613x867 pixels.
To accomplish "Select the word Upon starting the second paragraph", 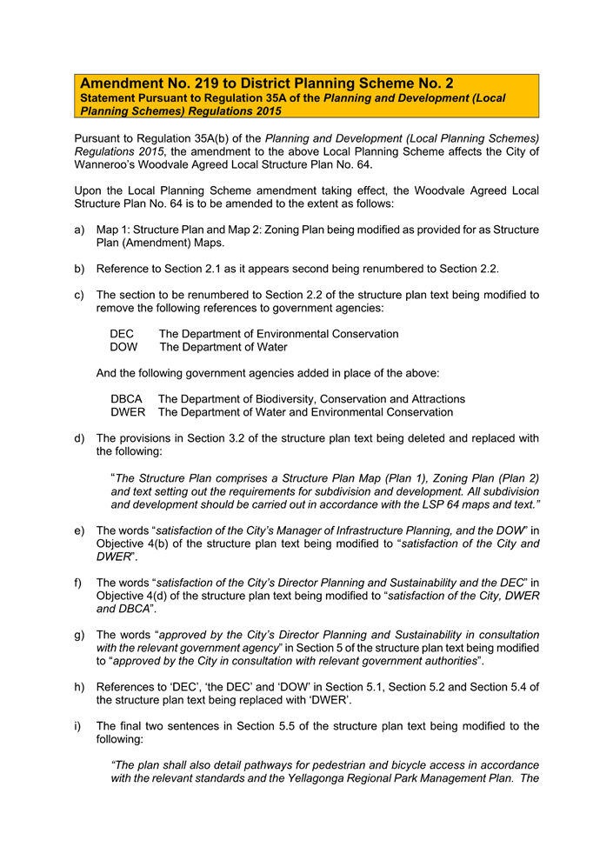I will point(90,190).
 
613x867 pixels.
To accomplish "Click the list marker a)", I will point(80,230).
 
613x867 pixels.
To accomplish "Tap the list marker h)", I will point(80,687).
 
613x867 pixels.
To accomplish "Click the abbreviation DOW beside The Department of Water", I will point(123,347).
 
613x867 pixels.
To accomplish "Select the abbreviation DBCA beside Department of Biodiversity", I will point(127,399).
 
